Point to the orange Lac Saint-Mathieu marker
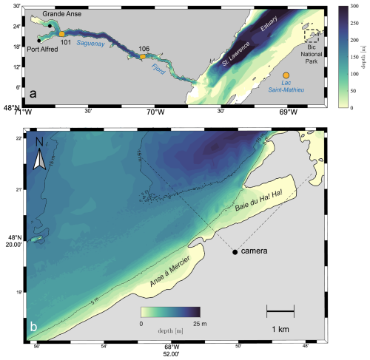point(286,74)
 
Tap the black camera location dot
point(235,252)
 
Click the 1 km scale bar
point(280,305)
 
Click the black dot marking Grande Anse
point(50,27)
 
